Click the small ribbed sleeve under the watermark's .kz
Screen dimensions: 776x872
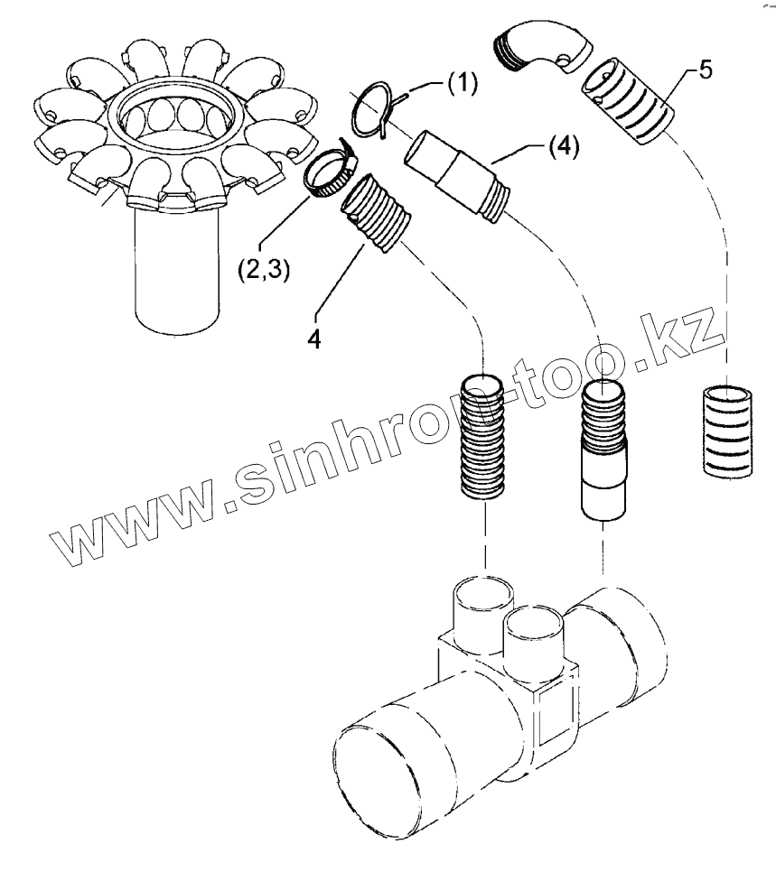point(726,429)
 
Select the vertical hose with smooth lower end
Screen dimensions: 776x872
point(602,447)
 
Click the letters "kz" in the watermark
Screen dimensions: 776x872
point(687,338)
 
